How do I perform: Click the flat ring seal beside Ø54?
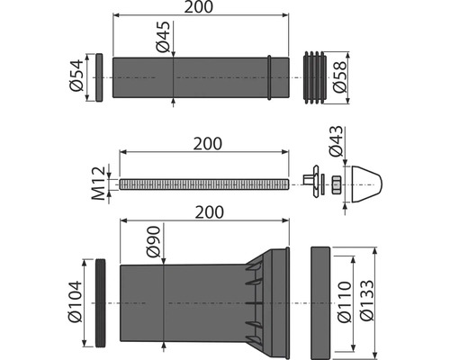[x=99, y=76]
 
